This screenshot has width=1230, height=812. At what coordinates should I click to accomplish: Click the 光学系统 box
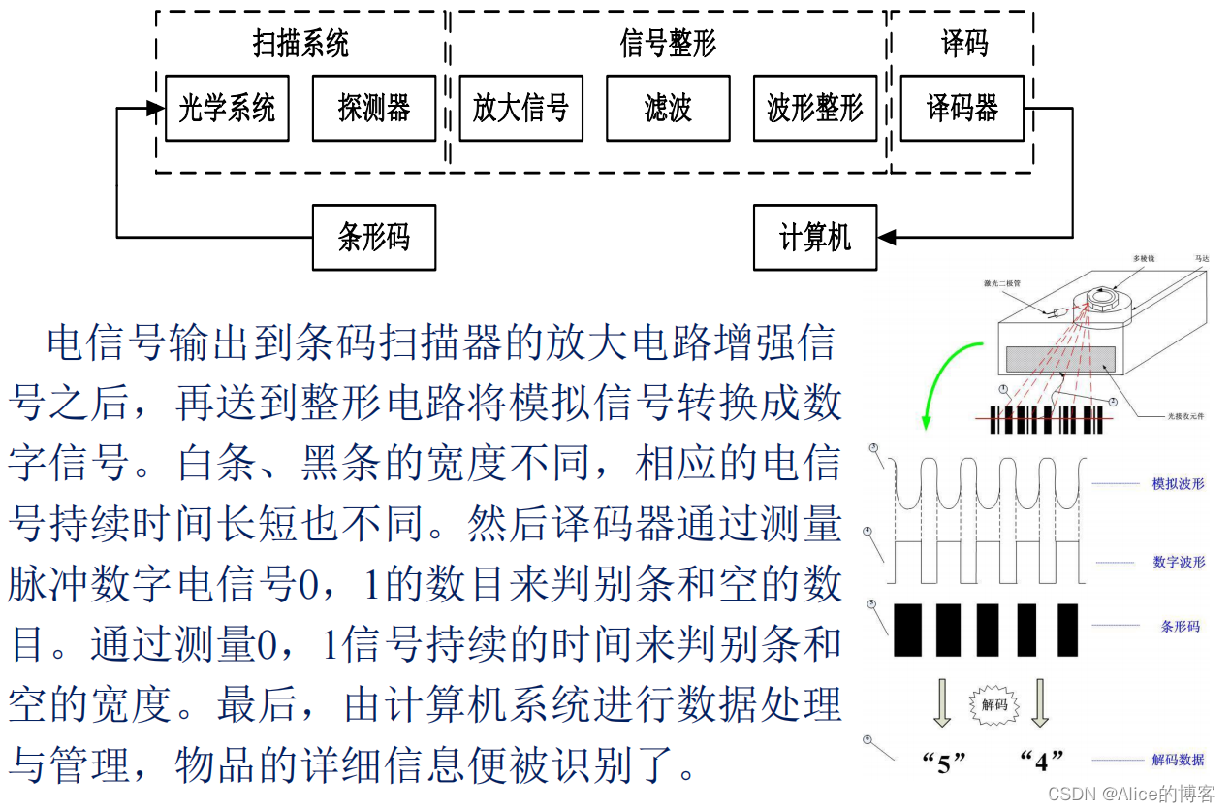click(227, 108)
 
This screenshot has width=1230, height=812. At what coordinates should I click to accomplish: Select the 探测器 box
click(373, 108)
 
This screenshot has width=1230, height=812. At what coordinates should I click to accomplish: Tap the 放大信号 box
click(520, 108)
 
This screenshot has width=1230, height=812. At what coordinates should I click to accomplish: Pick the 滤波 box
click(668, 108)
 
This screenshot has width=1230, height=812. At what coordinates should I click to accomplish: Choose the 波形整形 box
click(814, 108)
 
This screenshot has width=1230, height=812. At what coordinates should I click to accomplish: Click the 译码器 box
click(962, 108)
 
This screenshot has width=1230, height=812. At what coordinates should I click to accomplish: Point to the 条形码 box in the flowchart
click(373, 237)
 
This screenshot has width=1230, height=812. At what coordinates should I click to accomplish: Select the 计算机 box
click(814, 237)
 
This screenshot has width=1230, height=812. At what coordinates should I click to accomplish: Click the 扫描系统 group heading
click(300, 44)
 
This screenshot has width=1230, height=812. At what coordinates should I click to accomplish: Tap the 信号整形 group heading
click(668, 44)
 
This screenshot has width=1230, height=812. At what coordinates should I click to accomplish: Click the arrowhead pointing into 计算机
click(886, 237)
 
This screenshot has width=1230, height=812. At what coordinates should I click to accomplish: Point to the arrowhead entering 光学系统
click(156, 108)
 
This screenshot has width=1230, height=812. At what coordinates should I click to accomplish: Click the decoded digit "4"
click(1042, 762)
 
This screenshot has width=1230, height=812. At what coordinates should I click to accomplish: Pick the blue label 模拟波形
click(1178, 483)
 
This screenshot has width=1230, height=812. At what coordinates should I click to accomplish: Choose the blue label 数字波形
click(1179, 562)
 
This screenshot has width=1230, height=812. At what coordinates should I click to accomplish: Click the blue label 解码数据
click(1178, 760)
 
